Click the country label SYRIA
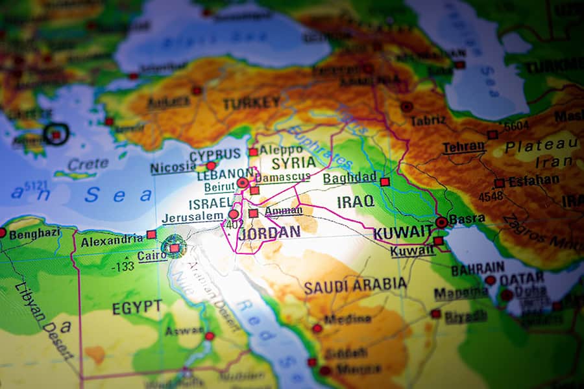[294, 163]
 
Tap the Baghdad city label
[350, 178]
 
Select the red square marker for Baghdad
[385, 182]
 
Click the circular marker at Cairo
[173, 247]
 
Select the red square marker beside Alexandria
[151, 234]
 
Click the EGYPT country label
[137, 307]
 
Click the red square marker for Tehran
[493, 135]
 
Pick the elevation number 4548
[491, 196]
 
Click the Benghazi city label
[34, 233]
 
